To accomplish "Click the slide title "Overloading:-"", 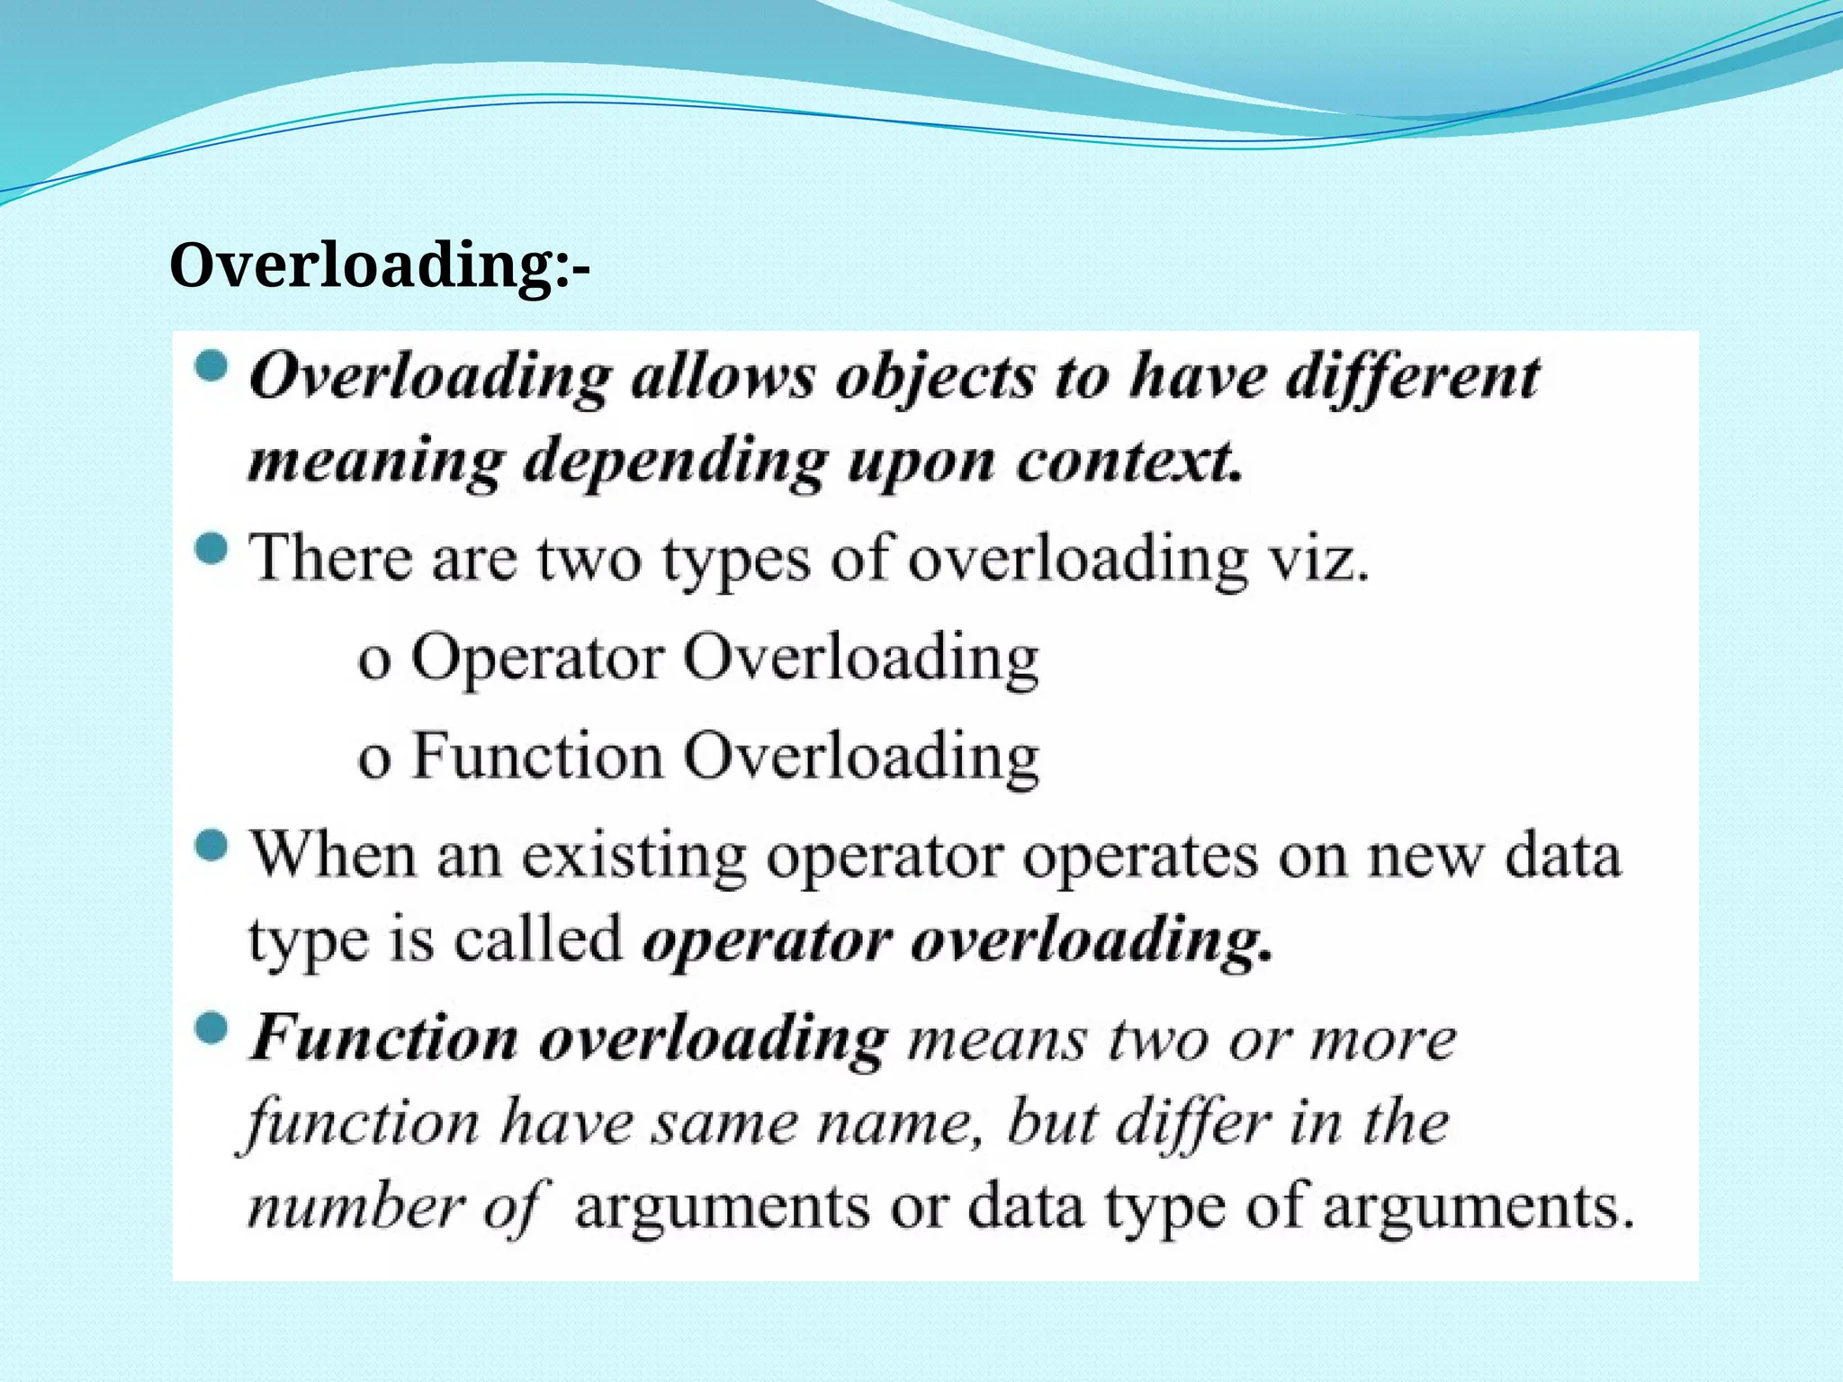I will (379, 266).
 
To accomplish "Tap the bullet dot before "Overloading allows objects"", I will (211, 367).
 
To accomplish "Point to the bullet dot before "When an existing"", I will (211, 846).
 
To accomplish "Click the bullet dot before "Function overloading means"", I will (211, 1028).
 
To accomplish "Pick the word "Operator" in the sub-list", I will (537, 659).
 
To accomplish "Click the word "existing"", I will (634, 856).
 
